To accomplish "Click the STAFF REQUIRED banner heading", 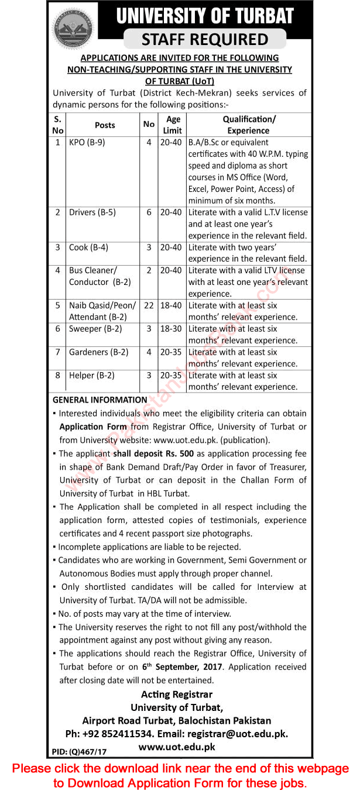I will click(x=205, y=39).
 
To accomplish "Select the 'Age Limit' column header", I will click(x=173, y=125).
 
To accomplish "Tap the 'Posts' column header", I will click(x=105, y=125).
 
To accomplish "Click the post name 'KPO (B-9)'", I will click(x=87, y=142).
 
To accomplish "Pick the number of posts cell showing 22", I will click(x=149, y=305).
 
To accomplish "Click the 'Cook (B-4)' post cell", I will click(x=88, y=248).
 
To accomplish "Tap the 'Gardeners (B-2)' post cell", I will click(x=98, y=352).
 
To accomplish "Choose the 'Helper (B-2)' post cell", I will click(x=91, y=376).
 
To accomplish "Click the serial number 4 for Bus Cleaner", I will click(x=57, y=271).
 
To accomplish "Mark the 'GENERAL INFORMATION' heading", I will click(x=100, y=400).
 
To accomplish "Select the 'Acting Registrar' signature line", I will click(x=177, y=694).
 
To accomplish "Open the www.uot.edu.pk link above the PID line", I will click(x=177, y=747).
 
